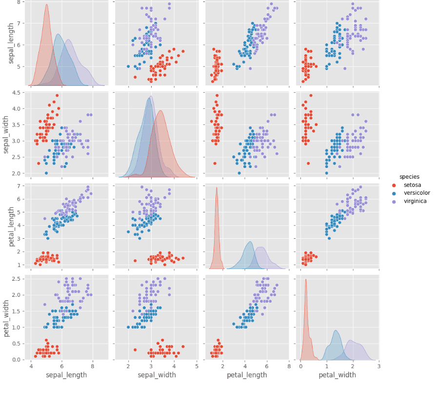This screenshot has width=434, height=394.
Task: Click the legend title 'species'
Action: click(409, 176)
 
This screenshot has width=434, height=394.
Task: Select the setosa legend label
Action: click(413, 185)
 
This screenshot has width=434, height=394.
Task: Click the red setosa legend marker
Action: click(394, 185)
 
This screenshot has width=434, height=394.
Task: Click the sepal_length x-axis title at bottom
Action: click(66, 375)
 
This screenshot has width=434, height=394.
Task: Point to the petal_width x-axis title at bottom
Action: click(337, 375)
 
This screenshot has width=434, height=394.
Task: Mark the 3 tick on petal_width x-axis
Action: click(378, 366)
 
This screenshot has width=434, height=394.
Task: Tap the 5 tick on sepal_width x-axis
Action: click(197, 366)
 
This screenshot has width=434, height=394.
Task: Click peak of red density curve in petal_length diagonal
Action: click(217, 187)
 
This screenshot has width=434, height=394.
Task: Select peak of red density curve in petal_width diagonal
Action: click(306, 279)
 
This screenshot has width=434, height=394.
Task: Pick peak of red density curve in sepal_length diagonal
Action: click(46, 5)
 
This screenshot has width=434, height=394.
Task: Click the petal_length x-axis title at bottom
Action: click(247, 375)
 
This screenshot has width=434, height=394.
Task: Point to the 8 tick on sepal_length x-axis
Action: click(93, 366)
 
